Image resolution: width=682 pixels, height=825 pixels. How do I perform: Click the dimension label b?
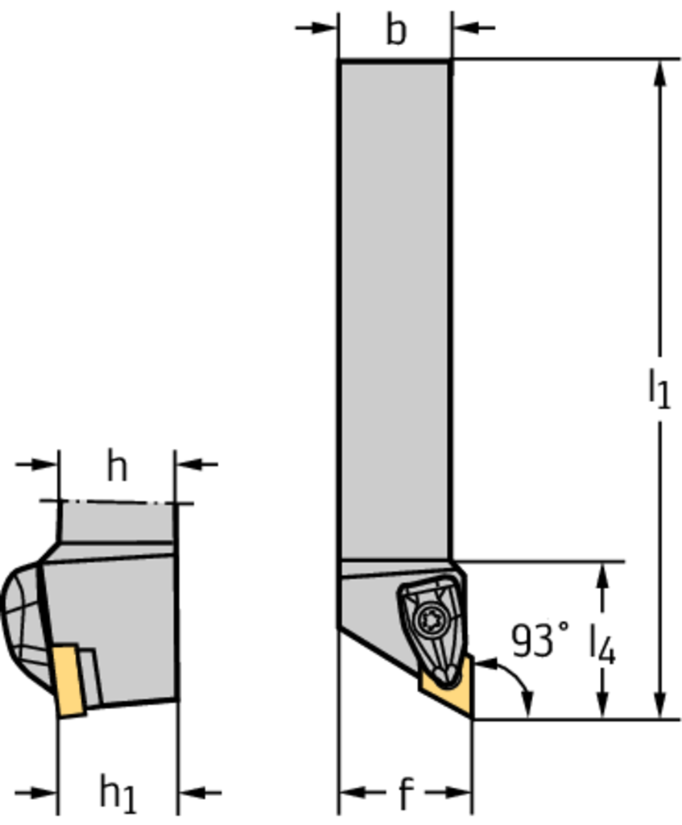[x=396, y=30]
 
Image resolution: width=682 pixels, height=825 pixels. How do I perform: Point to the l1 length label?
[x=659, y=388]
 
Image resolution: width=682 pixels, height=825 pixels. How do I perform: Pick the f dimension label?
[x=405, y=793]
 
